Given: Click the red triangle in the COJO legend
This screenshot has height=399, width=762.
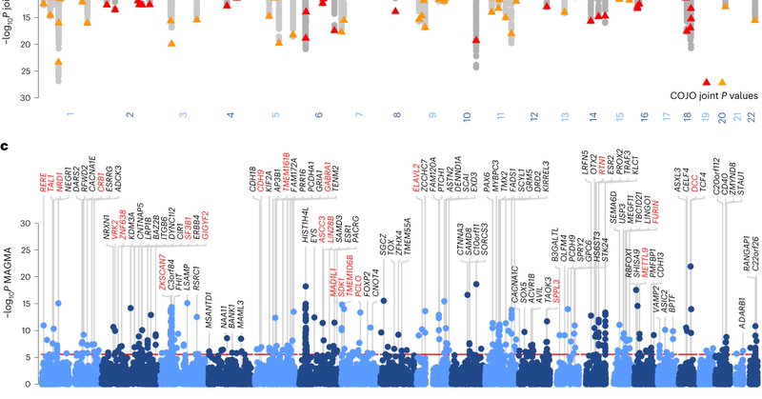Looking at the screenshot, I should pos(707,83).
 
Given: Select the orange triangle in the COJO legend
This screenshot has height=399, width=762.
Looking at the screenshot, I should pos(722,83).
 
